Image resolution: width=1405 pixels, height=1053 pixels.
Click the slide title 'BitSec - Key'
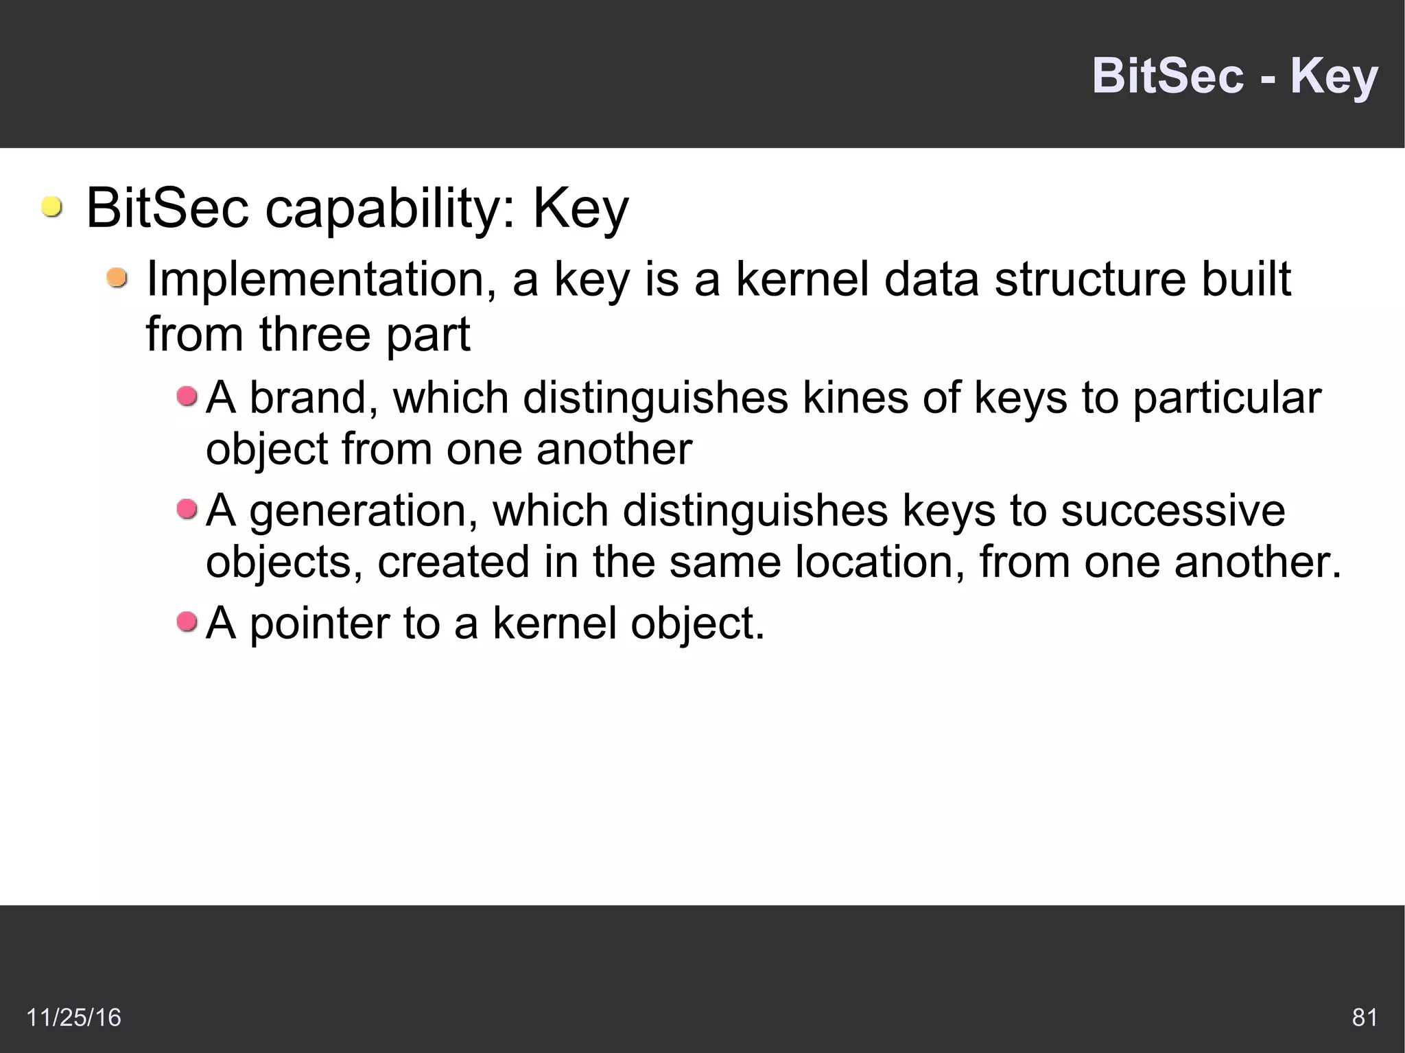[1234, 75]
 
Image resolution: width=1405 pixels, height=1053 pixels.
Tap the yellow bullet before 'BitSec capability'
[51, 206]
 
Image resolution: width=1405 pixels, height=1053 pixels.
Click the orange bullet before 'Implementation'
[117, 279]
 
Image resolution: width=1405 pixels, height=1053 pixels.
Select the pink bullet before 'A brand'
[187, 396]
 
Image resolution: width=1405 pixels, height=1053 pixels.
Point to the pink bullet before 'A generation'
[187, 509]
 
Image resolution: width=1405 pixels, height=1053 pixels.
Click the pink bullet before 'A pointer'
[187, 622]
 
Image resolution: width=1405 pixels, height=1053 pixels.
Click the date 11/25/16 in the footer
[73, 1017]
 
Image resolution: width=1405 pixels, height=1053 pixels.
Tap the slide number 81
[1364, 1017]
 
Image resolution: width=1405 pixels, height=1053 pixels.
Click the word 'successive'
[1172, 511]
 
